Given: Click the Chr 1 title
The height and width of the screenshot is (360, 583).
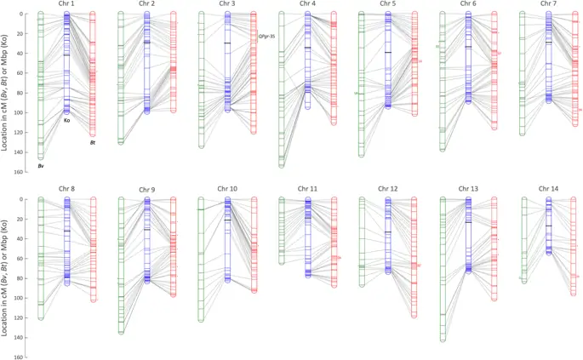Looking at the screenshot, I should coord(66,4).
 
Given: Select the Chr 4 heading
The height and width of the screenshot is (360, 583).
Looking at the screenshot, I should coord(308,4).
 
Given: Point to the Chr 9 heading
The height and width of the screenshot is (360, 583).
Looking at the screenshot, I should coord(146,190).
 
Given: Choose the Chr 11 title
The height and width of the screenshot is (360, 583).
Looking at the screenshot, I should coord(307,188).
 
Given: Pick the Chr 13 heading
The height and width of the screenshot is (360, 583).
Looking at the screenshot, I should coord(469,188).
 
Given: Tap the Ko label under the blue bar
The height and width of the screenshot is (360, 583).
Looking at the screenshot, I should coord(67,120).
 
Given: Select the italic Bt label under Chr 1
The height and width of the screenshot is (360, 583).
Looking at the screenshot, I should coord(93,142).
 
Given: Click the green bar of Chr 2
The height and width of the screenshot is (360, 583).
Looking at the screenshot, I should coord(121,77).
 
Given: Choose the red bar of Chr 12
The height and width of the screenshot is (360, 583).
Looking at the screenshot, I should coord(414,255).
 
